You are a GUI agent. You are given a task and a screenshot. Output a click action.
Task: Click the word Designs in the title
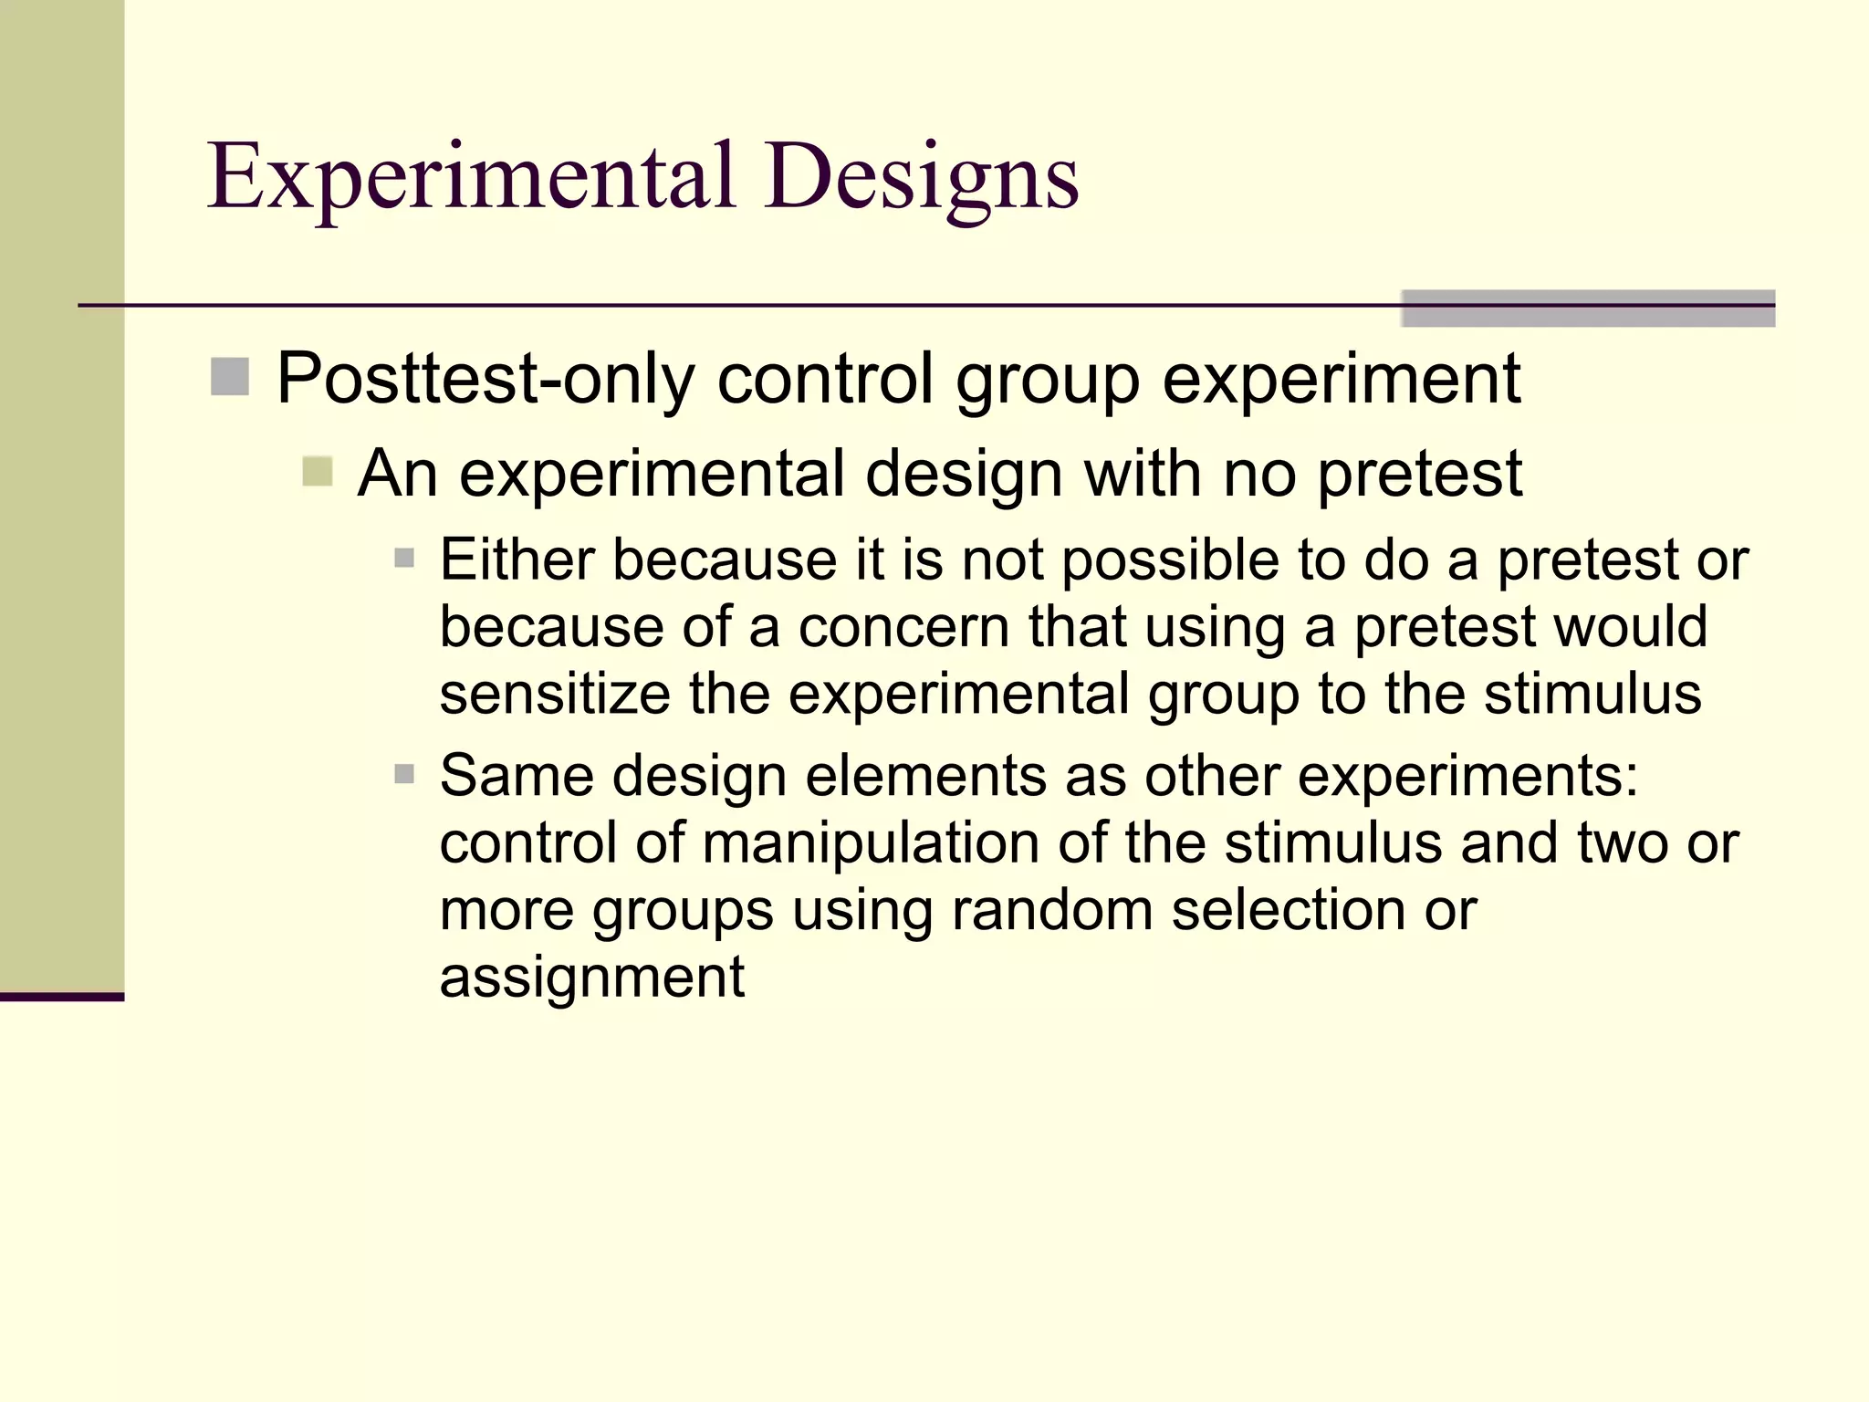coord(922,178)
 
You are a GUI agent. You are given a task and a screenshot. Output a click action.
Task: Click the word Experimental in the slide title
coord(472,178)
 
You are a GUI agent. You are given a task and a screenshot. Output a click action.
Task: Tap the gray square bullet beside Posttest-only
coord(230,377)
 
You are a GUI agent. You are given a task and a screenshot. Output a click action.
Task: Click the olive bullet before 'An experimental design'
coord(317,472)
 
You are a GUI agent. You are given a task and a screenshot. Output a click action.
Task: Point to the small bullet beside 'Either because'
coord(404,558)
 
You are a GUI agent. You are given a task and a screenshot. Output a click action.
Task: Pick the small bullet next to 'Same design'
coord(404,775)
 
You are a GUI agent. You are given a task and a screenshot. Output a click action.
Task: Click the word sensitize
coord(555,694)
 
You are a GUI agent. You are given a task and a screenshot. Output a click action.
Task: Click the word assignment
coord(592,978)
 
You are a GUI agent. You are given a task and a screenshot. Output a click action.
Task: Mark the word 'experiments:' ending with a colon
coord(1468,777)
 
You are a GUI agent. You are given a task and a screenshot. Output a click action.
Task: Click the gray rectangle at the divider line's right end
coord(1588,308)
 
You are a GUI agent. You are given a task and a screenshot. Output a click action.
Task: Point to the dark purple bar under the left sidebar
coord(62,997)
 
